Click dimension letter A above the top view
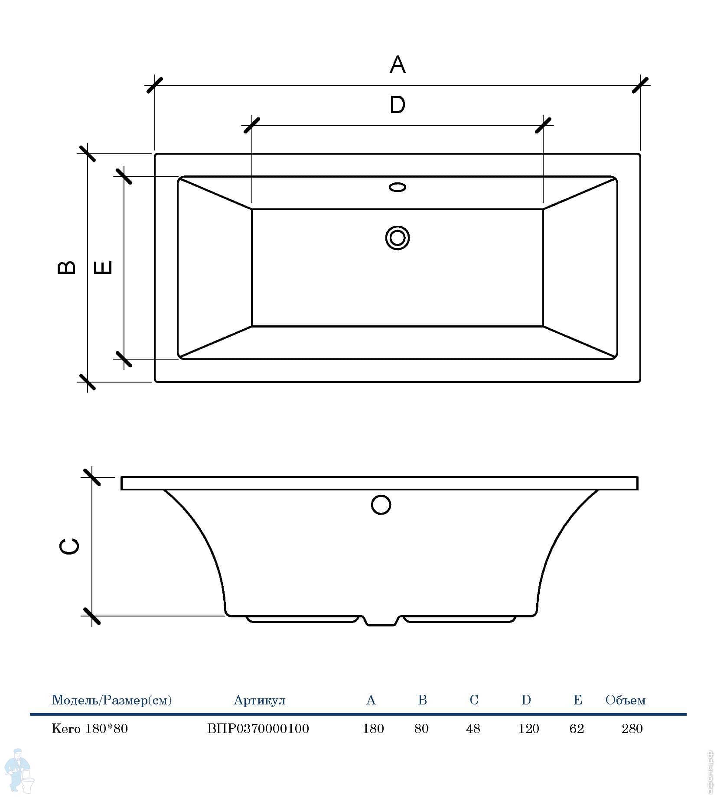click(398, 65)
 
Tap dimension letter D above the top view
click(398, 105)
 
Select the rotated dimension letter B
click(67, 267)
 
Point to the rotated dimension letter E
click(103, 267)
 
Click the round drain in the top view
click(398, 238)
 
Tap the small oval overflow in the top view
click(398, 187)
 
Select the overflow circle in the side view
click(381, 504)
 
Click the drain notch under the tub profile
click(381, 621)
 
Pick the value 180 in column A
click(373, 729)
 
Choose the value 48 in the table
click(473, 729)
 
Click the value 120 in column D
click(528, 729)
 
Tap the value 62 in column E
click(577, 729)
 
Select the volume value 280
click(632, 729)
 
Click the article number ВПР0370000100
click(258, 729)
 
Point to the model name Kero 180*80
click(90, 729)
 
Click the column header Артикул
click(260, 701)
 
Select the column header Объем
click(626, 700)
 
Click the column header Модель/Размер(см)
click(112, 701)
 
